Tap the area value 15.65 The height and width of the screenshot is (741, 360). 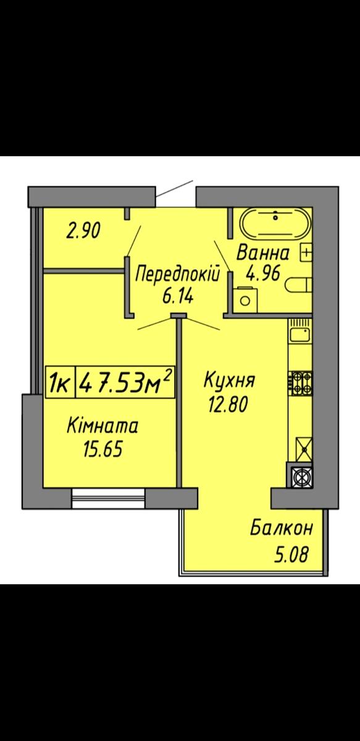[x=103, y=449]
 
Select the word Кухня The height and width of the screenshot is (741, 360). [x=229, y=380]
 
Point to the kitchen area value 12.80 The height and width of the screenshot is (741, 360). [x=228, y=404]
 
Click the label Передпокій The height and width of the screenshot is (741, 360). [x=178, y=274]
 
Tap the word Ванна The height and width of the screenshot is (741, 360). [x=263, y=253]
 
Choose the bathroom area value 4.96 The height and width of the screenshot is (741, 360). [x=263, y=274]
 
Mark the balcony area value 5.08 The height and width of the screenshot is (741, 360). [x=291, y=555]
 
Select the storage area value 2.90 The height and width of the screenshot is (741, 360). [x=83, y=230]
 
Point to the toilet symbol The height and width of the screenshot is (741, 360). [x=299, y=285]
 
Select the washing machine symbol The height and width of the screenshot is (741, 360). [x=245, y=300]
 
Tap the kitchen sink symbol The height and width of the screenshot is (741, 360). [x=301, y=335]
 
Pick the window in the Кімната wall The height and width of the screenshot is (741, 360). [x=109, y=498]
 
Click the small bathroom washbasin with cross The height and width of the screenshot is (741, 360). [x=306, y=253]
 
